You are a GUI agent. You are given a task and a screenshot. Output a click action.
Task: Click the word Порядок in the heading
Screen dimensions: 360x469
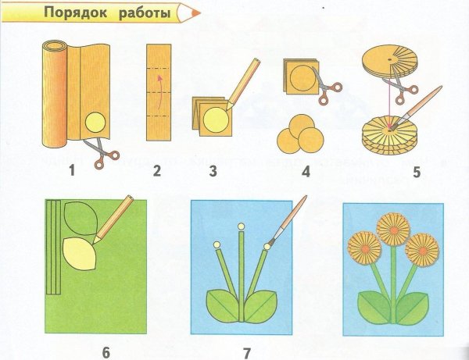coord(73,13)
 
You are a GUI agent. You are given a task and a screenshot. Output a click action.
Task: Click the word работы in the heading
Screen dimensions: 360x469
coord(145,13)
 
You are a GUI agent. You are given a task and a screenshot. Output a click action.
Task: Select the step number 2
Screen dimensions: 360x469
coord(156,170)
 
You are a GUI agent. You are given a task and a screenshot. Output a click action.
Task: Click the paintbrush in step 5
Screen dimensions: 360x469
coord(421,105)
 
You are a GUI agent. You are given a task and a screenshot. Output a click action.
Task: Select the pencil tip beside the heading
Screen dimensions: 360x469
coord(189,13)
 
